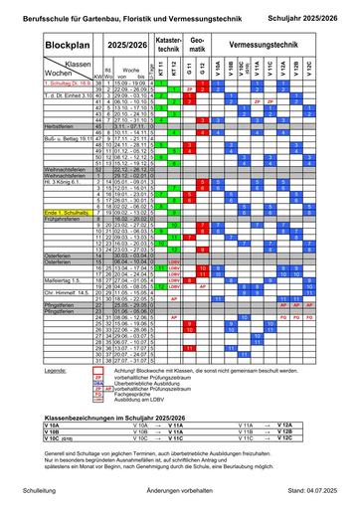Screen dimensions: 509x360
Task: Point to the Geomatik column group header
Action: (197, 45)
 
